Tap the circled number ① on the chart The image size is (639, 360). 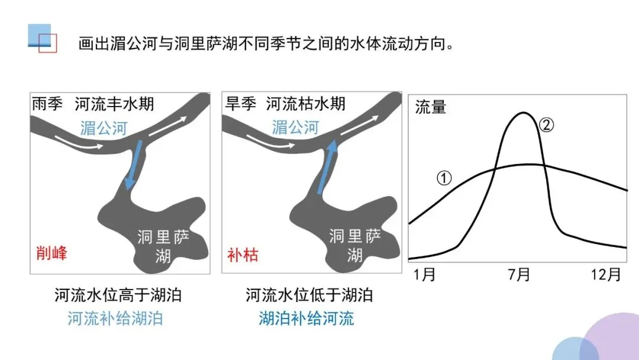445,176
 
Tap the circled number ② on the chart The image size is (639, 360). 547,125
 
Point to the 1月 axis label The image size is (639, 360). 425,275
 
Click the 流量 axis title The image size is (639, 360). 431,107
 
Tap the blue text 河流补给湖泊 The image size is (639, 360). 115,319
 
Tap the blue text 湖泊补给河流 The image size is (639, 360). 306,319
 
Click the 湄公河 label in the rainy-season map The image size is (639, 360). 104,128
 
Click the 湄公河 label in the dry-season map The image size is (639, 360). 295,128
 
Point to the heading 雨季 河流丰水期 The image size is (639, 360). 93,105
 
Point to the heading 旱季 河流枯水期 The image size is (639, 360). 285,105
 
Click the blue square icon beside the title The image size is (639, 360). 40,36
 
